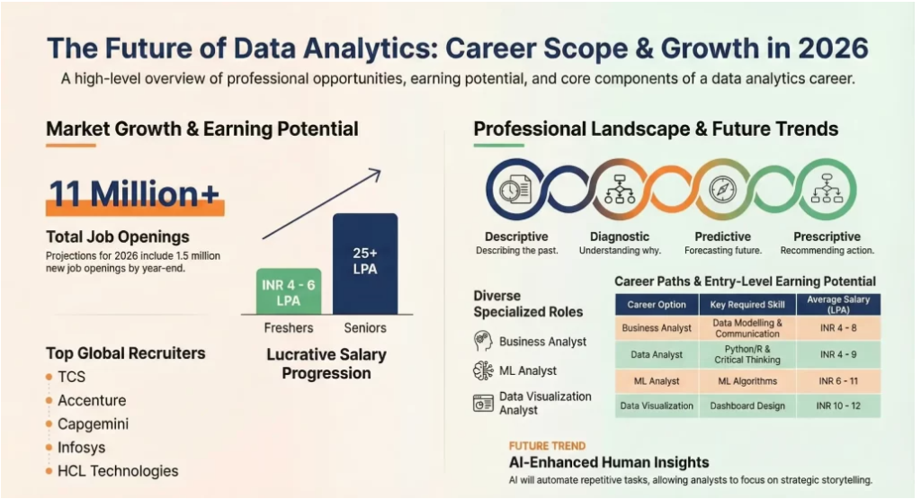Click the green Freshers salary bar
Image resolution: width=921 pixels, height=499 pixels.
click(288, 291)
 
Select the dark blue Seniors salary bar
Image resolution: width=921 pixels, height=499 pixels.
click(364, 263)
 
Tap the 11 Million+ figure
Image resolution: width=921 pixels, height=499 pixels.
click(134, 194)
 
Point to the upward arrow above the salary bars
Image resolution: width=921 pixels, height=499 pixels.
click(321, 204)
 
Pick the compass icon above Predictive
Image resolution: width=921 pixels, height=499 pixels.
click(722, 190)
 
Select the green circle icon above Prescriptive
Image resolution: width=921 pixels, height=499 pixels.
click(825, 190)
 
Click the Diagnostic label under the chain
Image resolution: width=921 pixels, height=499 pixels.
click(619, 236)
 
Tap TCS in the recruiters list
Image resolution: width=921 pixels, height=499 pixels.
click(71, 377)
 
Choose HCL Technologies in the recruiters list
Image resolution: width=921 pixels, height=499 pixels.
click(117, 470)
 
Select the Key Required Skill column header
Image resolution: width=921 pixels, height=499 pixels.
click(747, 304)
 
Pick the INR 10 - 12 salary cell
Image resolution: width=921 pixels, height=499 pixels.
click(836, 405)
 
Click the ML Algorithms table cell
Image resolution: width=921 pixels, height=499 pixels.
click(747, 381)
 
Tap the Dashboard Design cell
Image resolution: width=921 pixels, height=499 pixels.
click(747, 405)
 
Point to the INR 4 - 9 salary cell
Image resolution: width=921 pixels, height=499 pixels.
click(836, 354)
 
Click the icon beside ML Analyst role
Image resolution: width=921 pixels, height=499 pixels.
click(483, 370)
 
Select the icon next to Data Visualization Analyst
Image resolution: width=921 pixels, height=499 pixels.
click(483, 402)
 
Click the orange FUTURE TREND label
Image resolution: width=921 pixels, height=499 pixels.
click(547, 446)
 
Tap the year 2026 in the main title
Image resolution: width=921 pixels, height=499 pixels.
click(824, 47)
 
